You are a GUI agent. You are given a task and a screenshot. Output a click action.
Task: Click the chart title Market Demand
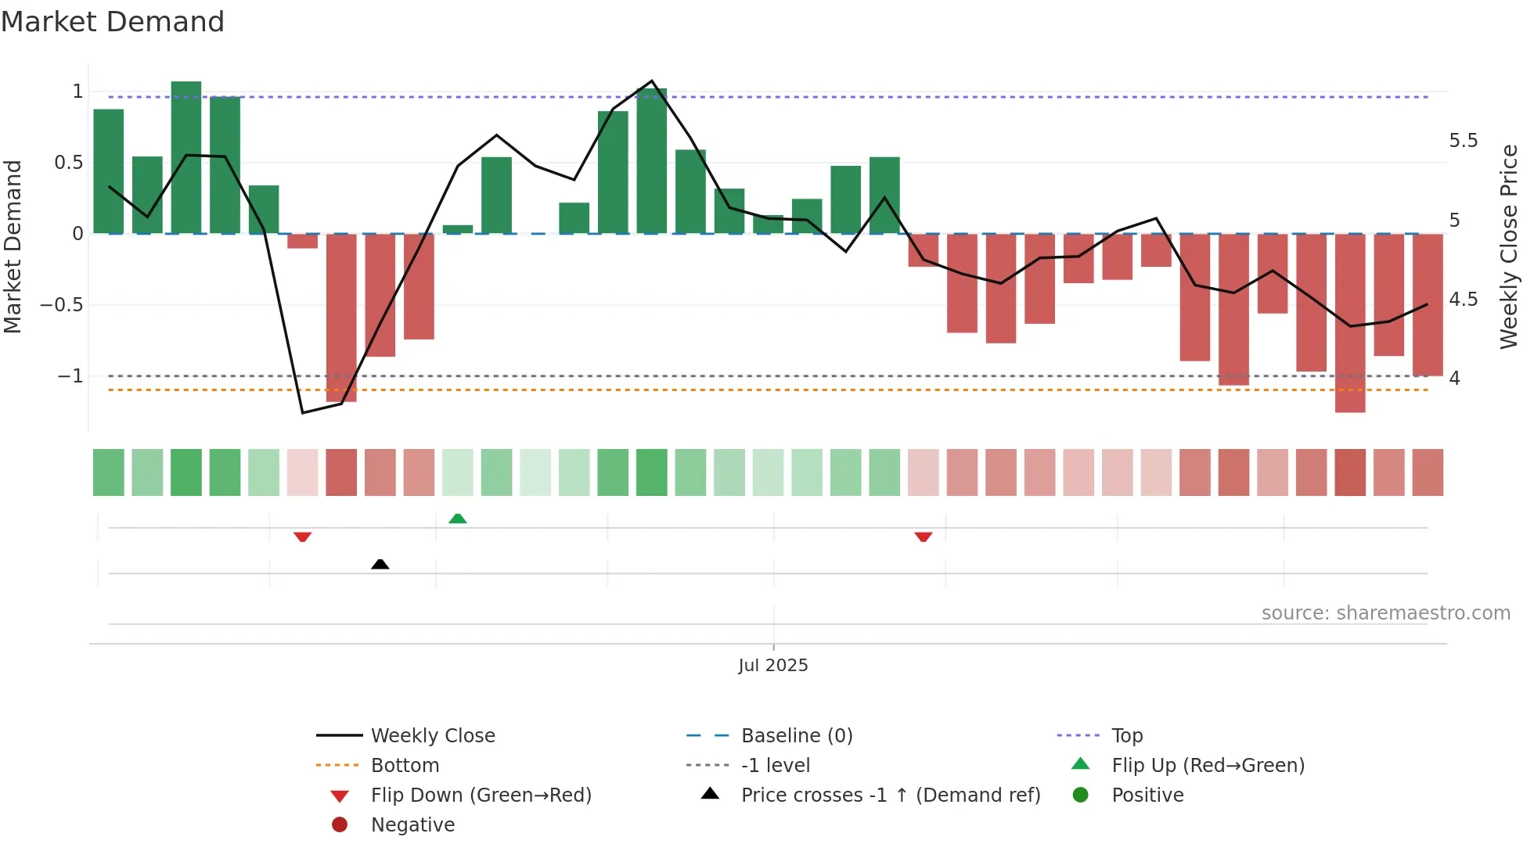[x=113, y=22]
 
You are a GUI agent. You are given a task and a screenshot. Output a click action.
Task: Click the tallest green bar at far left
[x=186, y=156]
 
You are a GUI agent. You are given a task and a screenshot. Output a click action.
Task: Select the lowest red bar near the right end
[x=1349, y=322]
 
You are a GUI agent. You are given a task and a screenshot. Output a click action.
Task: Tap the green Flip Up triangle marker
[x=458, y=519]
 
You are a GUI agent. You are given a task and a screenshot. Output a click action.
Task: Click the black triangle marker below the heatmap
[x=380, y=564]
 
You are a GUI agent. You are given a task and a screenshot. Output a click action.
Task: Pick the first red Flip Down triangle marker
[x=303, y=537]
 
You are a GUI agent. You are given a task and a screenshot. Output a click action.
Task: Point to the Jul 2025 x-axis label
[x=772, y=665]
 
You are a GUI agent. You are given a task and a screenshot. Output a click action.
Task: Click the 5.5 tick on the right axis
[x=1463, y=141]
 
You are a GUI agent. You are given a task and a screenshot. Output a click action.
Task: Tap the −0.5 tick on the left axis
[x=62, y=305]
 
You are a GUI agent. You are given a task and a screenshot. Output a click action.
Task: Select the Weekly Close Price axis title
[x=1508, y=246]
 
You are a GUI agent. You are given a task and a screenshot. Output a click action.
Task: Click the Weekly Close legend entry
[x=432, y=735]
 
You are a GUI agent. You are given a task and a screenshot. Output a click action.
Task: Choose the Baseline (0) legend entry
[x=796, y=735]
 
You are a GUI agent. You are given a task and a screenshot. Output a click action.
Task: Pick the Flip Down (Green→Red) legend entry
[x=481, y=795]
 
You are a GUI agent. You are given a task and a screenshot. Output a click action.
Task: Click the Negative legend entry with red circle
[x=412, y=824]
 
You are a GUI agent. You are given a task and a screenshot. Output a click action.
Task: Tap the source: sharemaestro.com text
[x=1385, y=612]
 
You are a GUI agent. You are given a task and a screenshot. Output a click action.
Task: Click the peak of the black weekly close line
[x=652, y=81]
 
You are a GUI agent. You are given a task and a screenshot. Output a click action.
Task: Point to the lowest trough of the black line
[x=303, y=412]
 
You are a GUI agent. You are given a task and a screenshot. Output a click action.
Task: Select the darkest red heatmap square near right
[x=1349, y=472]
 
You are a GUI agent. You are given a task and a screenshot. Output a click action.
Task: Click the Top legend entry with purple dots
[x=1127, y=735]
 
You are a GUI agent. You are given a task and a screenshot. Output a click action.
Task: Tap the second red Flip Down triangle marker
[x=924, y=537]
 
